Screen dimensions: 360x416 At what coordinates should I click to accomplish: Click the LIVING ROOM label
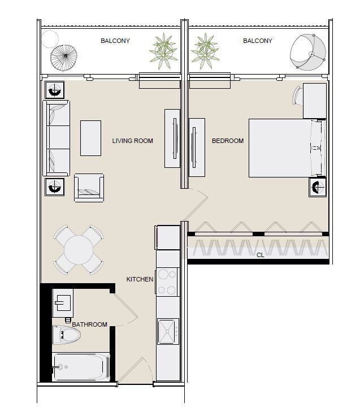132,141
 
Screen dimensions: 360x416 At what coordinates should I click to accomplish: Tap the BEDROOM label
228,141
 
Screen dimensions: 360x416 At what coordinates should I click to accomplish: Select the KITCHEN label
140,279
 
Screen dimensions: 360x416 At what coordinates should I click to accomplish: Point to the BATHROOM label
90,324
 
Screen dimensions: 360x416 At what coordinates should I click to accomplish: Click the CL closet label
260,255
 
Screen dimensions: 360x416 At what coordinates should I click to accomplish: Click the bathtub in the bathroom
81,367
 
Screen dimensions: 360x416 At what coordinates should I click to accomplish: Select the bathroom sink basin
63,303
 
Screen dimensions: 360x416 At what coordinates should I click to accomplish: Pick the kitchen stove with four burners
167,282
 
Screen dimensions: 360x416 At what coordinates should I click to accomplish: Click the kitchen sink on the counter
168,331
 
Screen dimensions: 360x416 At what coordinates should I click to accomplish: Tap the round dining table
79,250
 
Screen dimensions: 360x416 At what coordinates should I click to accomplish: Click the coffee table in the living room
91,138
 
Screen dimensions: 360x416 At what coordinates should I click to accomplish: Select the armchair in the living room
89,188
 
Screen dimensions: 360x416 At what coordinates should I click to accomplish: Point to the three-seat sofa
57,138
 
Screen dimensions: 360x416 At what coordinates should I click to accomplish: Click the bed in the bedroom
287,148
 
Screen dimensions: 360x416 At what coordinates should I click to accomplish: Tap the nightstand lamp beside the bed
318,187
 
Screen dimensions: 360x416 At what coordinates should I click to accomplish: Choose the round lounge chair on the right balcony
308,52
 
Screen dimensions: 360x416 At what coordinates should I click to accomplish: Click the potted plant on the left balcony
163,51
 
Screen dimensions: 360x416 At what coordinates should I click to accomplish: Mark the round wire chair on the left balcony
64,58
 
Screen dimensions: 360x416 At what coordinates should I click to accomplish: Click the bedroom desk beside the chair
315,101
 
